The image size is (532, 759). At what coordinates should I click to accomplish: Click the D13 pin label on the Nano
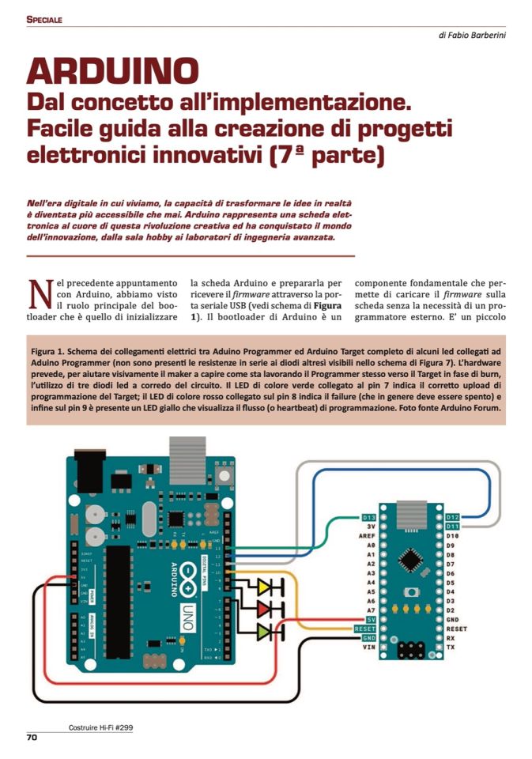pos(369,517)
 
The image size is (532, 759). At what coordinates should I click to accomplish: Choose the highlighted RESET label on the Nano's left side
pos(364,629)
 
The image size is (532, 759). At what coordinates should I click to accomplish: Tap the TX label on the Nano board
pos(449,648)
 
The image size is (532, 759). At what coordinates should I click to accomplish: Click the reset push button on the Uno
pos(225,476)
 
